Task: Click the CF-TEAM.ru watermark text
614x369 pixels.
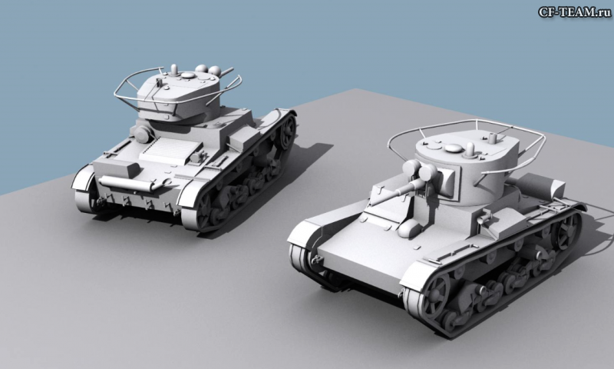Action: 574,12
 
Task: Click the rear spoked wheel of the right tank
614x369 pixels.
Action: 568,231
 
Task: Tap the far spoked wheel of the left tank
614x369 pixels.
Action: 288,132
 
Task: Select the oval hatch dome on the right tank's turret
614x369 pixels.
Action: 454,148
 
